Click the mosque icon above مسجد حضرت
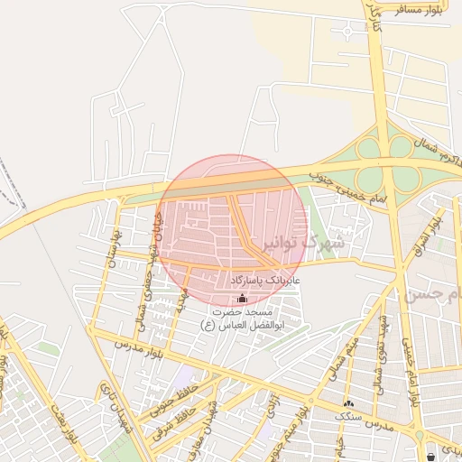click(x=240, y=299)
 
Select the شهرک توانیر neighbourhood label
click(x=311, y=242)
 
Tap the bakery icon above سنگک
click(x=348, y=402)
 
